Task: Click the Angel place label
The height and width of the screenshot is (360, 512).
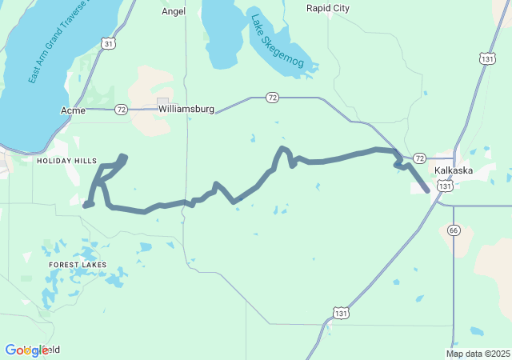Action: (x=174, y=11)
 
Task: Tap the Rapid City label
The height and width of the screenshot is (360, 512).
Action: (x=328, y=8)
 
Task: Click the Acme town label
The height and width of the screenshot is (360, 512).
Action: (x=73, y=110)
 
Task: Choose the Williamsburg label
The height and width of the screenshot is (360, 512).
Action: (x=186, y=109)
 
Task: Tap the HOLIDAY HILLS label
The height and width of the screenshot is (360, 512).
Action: (x=66, y=161)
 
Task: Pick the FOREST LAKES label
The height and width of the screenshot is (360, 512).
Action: (x=78, y=264)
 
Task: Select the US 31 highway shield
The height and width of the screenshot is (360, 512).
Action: (x=108, y=44)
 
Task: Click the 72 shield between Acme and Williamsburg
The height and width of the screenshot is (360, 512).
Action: (x=120, y=110)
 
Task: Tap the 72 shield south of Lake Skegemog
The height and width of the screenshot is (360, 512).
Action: (x=273, y=98)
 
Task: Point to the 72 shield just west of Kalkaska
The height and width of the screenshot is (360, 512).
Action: (x=419, y=158)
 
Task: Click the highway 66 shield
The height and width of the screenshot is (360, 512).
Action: (x=454, y=230)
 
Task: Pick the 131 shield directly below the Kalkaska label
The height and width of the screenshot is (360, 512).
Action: (x=445, y=185)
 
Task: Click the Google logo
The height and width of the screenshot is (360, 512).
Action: (x=26, y=350)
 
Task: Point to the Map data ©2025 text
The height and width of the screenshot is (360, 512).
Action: (x=478, y=354)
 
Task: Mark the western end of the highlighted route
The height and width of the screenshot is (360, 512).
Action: (x=86, y=205)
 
